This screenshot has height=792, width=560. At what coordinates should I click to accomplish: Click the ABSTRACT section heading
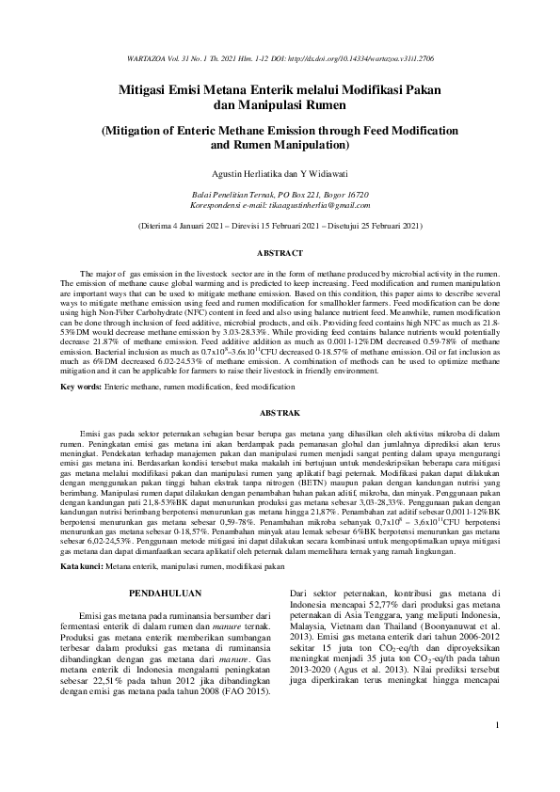coord(280,254)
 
